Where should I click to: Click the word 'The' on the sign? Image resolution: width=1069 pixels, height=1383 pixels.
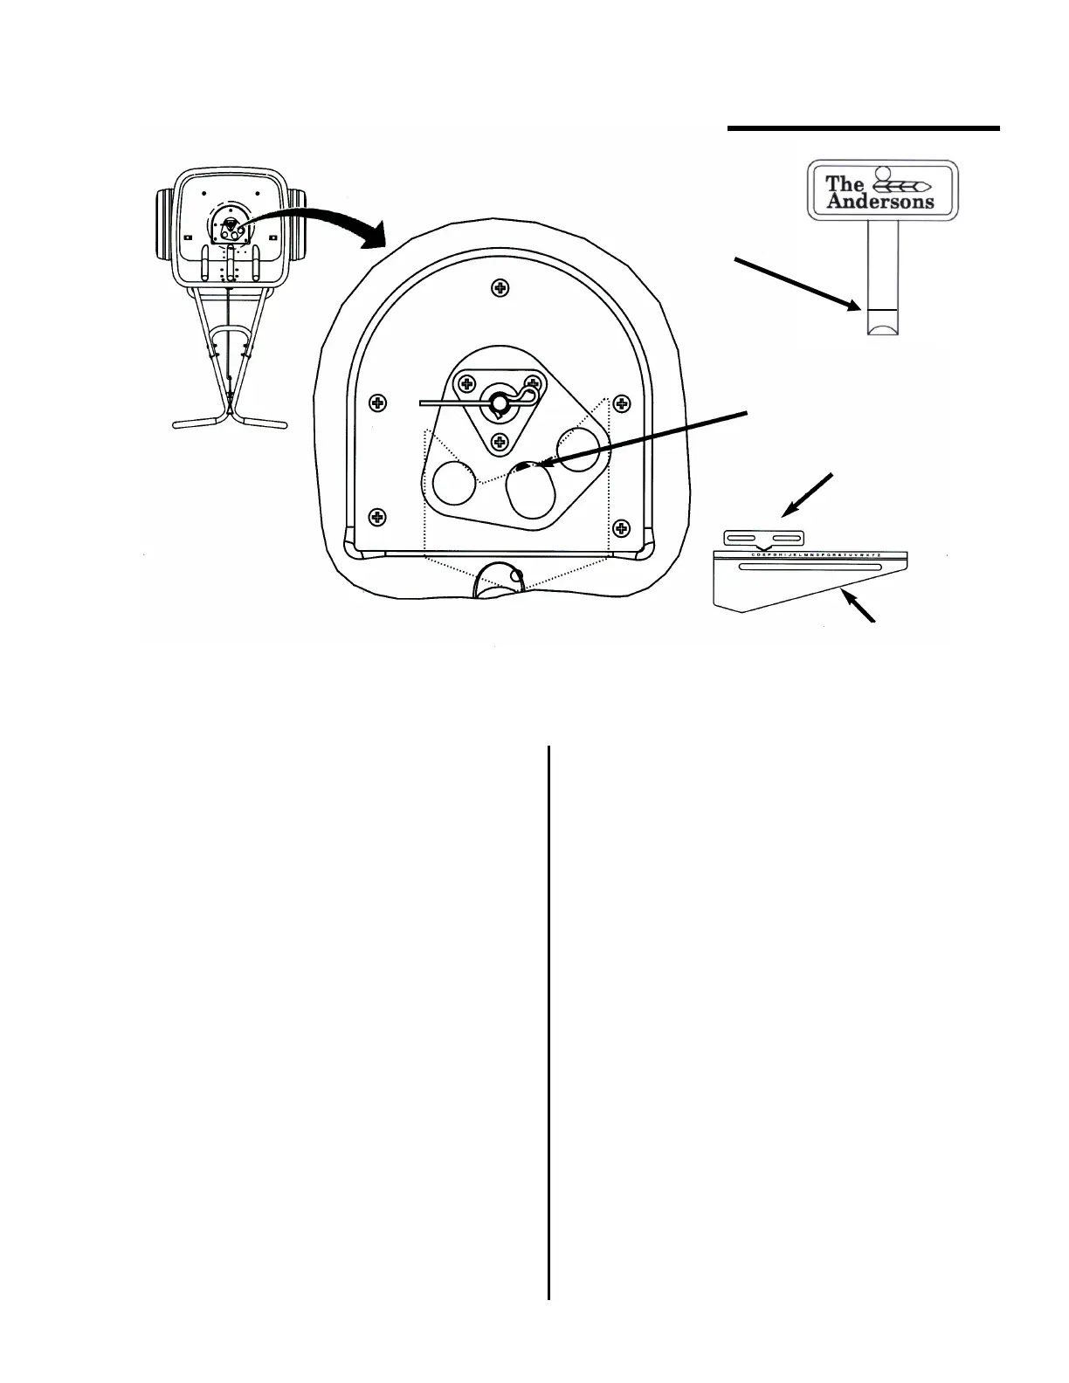[845, 183]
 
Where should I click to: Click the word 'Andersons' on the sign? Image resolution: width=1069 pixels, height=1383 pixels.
[879, 202]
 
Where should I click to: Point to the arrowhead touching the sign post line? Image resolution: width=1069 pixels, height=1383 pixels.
[856, 306]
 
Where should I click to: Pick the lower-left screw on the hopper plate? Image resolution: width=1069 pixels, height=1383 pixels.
[377, 517]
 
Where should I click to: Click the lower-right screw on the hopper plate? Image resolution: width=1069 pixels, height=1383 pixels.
[621, 527]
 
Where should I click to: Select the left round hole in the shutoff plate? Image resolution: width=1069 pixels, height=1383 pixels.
[453, 483]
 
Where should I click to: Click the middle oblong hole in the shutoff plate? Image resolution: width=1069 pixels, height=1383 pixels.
[532, 493]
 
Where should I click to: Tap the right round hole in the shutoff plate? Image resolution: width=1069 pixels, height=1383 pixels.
[578, 450]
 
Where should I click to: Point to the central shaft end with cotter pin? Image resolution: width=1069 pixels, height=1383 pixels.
[499, 403]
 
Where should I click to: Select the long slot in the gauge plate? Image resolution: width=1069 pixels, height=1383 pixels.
[810, 567]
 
